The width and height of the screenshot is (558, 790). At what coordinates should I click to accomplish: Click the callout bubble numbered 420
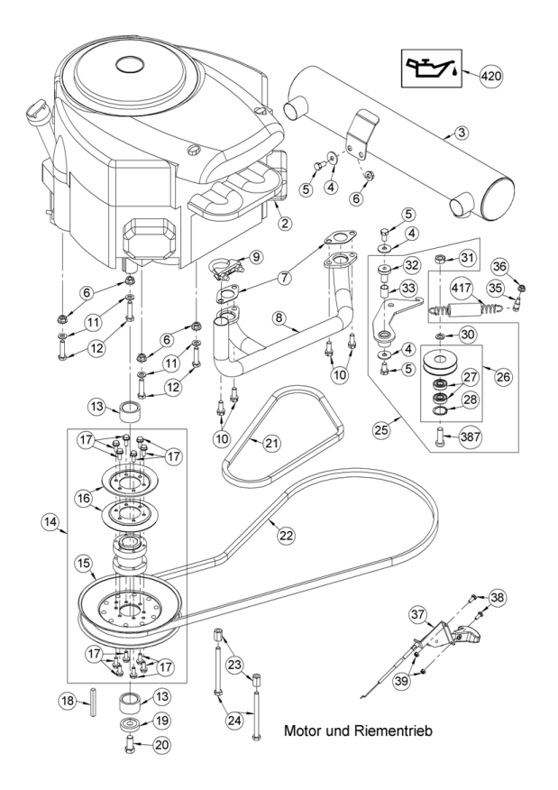(491, 76)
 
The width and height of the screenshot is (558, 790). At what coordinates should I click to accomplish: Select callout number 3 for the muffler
(462, 133)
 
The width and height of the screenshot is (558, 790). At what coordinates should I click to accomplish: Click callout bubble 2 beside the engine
(285, 222)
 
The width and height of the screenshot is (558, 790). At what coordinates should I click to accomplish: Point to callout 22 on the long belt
(286, 535)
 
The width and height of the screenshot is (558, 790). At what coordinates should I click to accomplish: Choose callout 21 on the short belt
(272, 444)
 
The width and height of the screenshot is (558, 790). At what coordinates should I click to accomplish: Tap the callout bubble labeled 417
(462, 289)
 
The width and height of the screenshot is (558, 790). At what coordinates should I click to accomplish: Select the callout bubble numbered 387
(471, 436)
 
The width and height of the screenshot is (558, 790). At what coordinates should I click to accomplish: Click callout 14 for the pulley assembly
(50, 522)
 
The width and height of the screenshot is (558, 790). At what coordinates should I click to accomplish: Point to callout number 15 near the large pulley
(85, 564)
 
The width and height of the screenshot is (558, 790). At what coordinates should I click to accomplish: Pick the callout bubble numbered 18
(69, 701)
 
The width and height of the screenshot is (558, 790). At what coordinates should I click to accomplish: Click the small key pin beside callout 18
(94, 701)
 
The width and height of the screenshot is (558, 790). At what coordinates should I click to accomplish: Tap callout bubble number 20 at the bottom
(161, 745)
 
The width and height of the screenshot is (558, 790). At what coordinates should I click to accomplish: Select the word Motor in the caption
(303, 730)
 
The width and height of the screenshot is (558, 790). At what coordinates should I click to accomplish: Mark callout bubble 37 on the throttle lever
(418, 615)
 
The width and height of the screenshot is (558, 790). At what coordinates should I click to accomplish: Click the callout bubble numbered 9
(256, 257)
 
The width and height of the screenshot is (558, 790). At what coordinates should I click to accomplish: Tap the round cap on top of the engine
(131, 64)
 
